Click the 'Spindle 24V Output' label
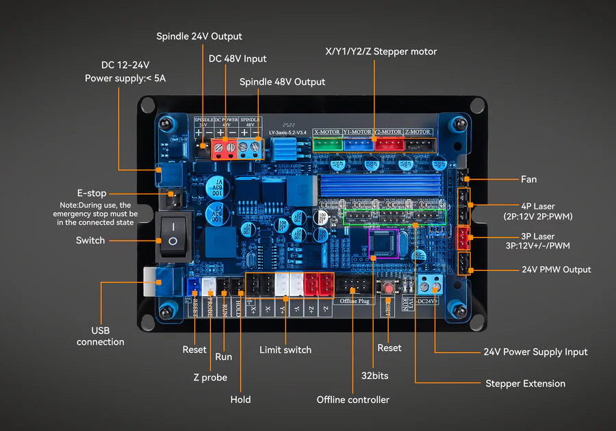coord(199,36)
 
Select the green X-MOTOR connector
coord(327,144)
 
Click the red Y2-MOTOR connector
coord(389,144)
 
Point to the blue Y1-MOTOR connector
coord(358,144)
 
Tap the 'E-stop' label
coord(91,193)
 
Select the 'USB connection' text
coord(101,336)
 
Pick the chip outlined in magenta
coord(383,244)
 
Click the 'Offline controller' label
coord(352,400)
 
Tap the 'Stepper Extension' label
coord(525,383)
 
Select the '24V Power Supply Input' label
coord(535,352)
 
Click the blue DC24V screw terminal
coord(431,285)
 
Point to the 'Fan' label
coord(528,179)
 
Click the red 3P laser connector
coord(463,237)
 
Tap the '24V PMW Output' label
coord(556,270)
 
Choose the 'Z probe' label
coord(210,377)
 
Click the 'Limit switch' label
coord(285,350)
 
